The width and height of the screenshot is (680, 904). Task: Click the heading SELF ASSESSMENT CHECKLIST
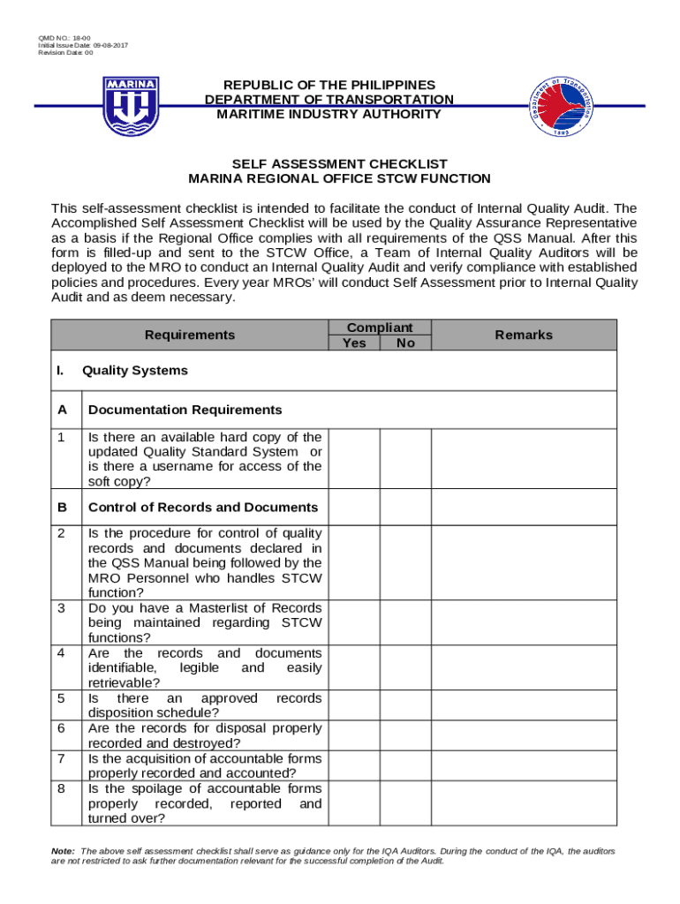pos(339,164)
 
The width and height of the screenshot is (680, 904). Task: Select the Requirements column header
pos(190,335)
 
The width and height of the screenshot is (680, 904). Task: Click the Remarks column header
pos(524,335)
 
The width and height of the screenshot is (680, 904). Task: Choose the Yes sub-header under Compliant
pos(354,343)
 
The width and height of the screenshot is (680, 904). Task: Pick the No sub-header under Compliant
pos(405,343)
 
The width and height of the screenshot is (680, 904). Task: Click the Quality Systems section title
pos(134,371)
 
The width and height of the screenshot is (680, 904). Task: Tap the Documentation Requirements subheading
pos(185,410)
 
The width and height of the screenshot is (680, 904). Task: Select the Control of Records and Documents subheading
pos(203,508)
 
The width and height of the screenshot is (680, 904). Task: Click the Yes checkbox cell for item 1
pos(355,459)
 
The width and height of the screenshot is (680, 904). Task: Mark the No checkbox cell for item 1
pos(405,459)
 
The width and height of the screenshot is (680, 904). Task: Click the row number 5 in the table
pos(61,698)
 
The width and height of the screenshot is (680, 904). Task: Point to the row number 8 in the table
pos(61,788)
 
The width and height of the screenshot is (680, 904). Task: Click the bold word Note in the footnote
pos(63,851)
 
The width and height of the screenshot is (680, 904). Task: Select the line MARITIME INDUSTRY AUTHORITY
pos(329,114)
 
